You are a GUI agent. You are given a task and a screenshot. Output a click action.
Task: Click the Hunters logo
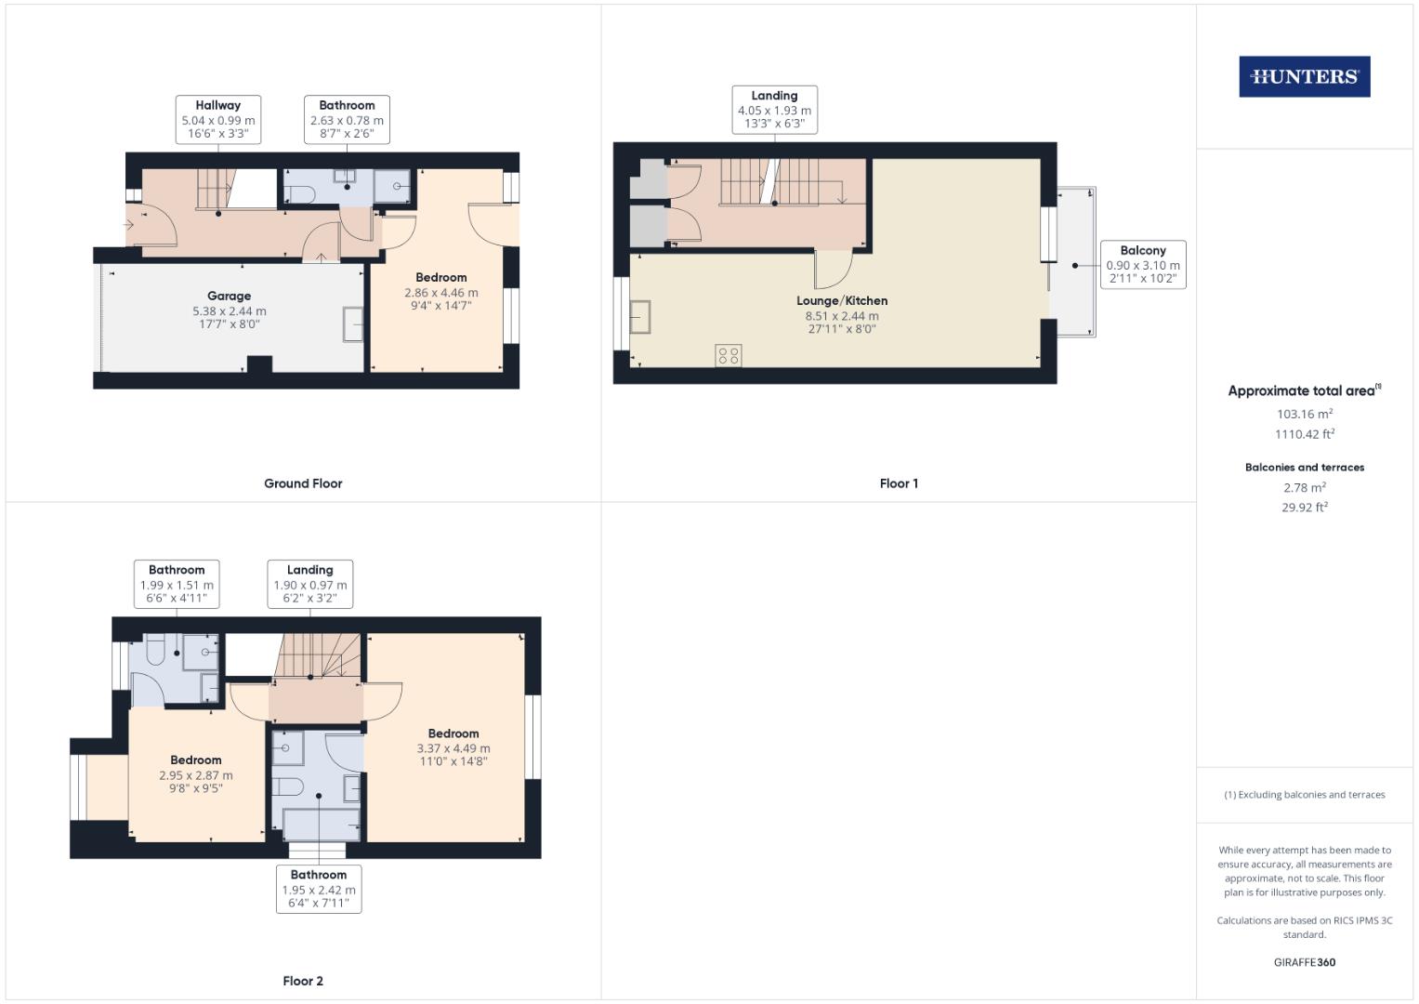pyautogui.click(x=1304, y=77)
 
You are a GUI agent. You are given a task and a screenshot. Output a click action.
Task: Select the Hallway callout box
pyautogui.click(x=217, y=120)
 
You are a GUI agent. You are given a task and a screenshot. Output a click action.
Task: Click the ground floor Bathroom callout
pyautogui.click(x=347, y=120)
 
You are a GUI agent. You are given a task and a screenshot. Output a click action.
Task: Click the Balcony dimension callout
pyautogui.click(x=1142, y=265)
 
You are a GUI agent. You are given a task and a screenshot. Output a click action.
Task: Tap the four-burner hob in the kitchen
pyautogui.click(x=729, y=356)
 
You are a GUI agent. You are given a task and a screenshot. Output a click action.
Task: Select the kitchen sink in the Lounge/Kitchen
pyautogui.click(x=640, y=316)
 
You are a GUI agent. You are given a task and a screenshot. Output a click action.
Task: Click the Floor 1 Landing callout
pyautogui.click(x=774, y=110)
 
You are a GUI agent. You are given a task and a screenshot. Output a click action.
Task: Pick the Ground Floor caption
pyautogui.click(x=303, y=483)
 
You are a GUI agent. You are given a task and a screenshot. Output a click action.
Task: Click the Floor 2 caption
pyautogui.click(x=303, y=981)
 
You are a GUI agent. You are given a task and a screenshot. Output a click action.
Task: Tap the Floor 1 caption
pyautogui.click(x=899, y=483)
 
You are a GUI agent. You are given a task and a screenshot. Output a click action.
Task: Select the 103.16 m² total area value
pyautogui.click(x=1304, y=415)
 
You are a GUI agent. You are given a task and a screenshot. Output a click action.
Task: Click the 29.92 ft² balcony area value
pyautogui.click(x=1304, y=508)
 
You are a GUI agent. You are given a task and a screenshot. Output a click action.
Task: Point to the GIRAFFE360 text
pyautogui.click(x=1304, y=962)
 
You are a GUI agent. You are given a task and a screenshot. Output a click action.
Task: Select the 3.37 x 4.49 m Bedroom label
pyautogui.click(x=453, y=747)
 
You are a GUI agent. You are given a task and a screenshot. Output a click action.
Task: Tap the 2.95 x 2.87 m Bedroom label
pyautogui.click(x=196, y=774)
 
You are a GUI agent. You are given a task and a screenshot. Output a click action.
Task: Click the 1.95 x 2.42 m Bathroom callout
pyautogui.click(x=319, y=890)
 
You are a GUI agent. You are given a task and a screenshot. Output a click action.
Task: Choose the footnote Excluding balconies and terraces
pyautogui.click(x=1304, y=795)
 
